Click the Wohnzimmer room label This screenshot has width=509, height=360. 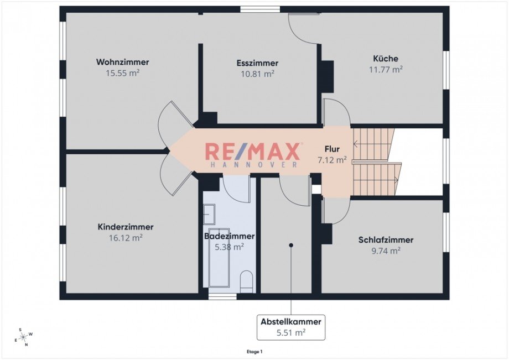point(122,62)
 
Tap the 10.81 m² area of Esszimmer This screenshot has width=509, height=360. point(257,73)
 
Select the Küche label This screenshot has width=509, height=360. point(386,59)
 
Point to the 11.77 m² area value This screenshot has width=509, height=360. point(386,69)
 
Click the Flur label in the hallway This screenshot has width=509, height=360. point(332,149)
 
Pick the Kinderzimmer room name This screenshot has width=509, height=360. point(126,227)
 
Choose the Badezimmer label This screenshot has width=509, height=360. point(230,236)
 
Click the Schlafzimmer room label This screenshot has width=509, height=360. point(386,240)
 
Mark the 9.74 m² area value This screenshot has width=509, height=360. point(386,251)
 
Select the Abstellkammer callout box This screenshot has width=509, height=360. point(291,327)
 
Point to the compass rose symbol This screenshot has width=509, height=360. point(23,336)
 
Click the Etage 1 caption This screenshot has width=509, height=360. point(254,351)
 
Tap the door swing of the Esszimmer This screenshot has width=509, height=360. point(303,28)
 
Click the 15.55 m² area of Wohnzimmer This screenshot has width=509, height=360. point(122,72)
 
